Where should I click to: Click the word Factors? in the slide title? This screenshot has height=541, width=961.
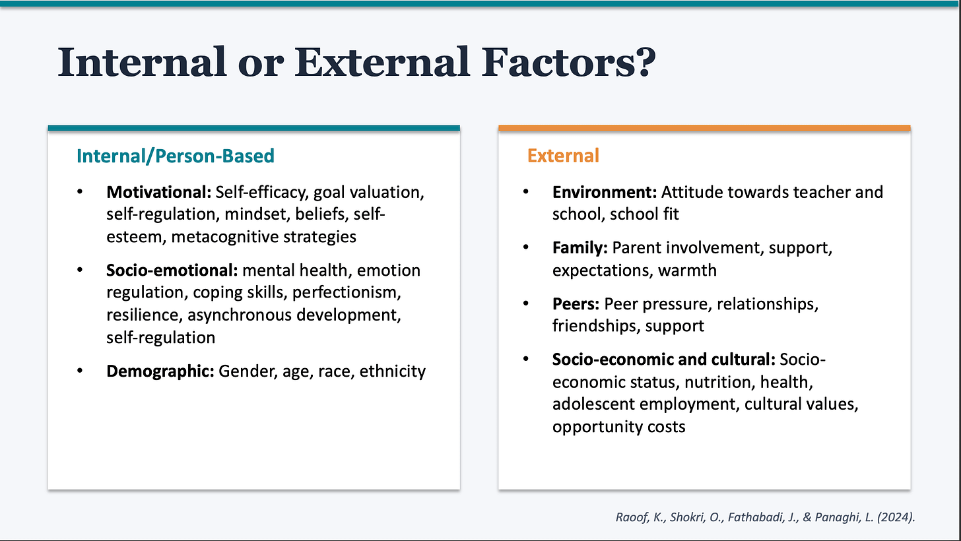pyautogui.click(x=568, y=63)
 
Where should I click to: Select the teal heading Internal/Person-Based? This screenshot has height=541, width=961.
pyautogui.click(x=176, y=156)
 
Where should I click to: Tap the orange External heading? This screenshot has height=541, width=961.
pyautogui.click(x=563, y=156)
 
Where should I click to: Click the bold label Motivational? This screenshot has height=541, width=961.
pyautogui.click(x=158, y=192)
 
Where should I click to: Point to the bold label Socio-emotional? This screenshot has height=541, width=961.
pyautogui.click(x=172, y=270)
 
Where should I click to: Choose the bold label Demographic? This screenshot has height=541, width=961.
pyautogui.click(x=160, y=371)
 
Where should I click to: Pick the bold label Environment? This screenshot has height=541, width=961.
pyautogui.click(x=605, y=192)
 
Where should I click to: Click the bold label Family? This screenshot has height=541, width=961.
pyautogui.click(x=580, y=248)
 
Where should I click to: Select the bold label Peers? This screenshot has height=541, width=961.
pyautogui.click(x=576, y=304)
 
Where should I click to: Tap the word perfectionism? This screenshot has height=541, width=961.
pyautogui.click(x=347, y=292)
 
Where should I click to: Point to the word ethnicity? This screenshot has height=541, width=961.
pyautogui.click(x=392, y=371)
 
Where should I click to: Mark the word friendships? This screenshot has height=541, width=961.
pyautogui.click(x=596, y=326)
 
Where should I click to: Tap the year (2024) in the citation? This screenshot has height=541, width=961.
pyautogui.click(x=896, y=517)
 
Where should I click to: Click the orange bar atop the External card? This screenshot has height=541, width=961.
pyautogui.click(x=704, y=128)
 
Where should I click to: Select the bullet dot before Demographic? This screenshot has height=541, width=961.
pyautogui.click(x=81, y=371)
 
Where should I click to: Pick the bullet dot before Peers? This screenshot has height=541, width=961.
pyautogui.click(x=526, y=304)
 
